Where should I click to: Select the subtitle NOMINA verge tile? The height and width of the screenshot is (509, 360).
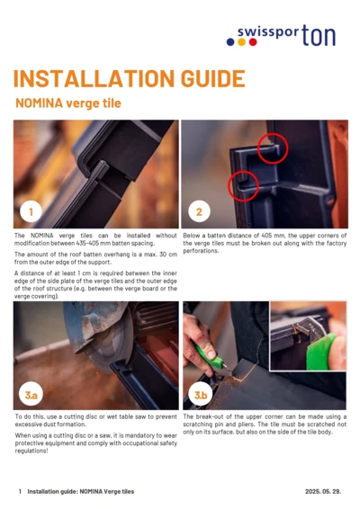(67, 103)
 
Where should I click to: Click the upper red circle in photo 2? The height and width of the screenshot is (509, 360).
(272, 146)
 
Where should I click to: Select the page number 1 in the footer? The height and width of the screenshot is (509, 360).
(20, 492)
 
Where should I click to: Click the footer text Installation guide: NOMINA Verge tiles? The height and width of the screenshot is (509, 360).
(80, 492)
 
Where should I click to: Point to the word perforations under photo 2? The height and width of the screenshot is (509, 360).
(203, 249)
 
